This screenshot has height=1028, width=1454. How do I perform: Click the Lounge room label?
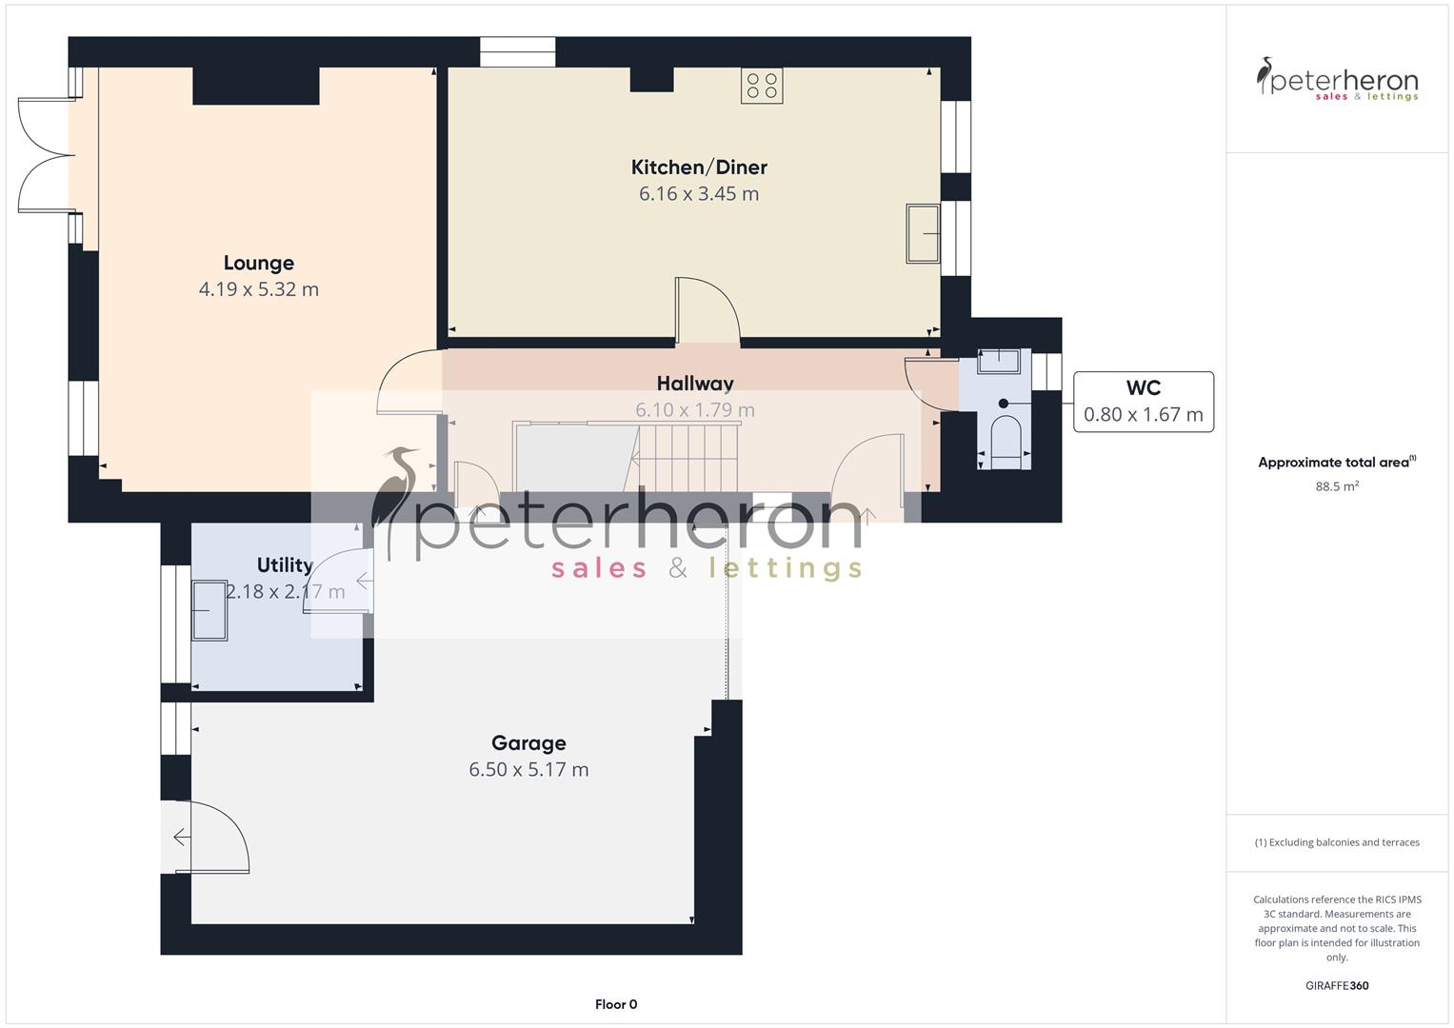point(258,263)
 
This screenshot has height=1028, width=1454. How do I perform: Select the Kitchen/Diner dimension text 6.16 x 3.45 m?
point(698,194)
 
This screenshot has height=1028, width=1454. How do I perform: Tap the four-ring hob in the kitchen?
point(762,86)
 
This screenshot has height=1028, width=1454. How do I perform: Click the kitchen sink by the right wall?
point(922,232)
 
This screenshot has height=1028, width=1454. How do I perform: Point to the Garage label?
point(528,743)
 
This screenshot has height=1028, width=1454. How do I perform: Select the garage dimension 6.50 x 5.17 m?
point(528,770)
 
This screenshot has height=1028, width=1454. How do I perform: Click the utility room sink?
point(209,610)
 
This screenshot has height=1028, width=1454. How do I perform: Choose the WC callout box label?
point(1143,388)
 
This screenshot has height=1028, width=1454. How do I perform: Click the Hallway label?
point(695,384)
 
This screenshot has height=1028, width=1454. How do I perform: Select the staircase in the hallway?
point(686,457)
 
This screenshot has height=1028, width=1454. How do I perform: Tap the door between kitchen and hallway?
point(707,309)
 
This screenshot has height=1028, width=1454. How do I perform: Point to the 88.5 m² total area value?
point(1336,486)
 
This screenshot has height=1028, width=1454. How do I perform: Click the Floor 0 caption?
point(615,1004)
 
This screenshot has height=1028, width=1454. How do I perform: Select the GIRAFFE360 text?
point(1336,986)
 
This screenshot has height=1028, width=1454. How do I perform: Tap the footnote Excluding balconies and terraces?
point(1336,842)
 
